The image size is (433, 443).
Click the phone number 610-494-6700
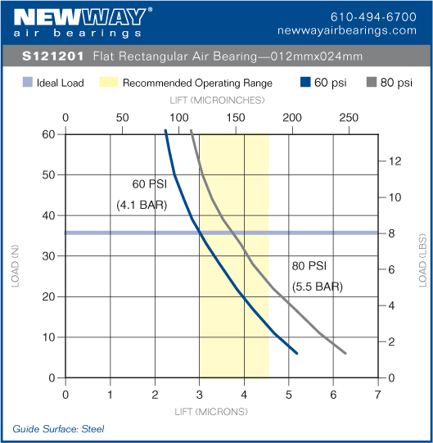372,16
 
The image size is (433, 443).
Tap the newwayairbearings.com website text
359,29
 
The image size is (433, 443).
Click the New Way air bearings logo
83,22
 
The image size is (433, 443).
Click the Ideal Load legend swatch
27,83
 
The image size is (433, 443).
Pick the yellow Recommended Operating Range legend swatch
108,83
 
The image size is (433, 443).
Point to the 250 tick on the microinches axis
349,117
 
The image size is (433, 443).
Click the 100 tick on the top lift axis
178,117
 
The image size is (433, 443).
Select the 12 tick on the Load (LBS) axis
395,160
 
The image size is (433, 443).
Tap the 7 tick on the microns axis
377,395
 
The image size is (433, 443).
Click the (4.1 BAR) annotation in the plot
142,206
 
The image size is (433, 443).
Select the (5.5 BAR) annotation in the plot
317,287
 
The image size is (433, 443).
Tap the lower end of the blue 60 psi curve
296,353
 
